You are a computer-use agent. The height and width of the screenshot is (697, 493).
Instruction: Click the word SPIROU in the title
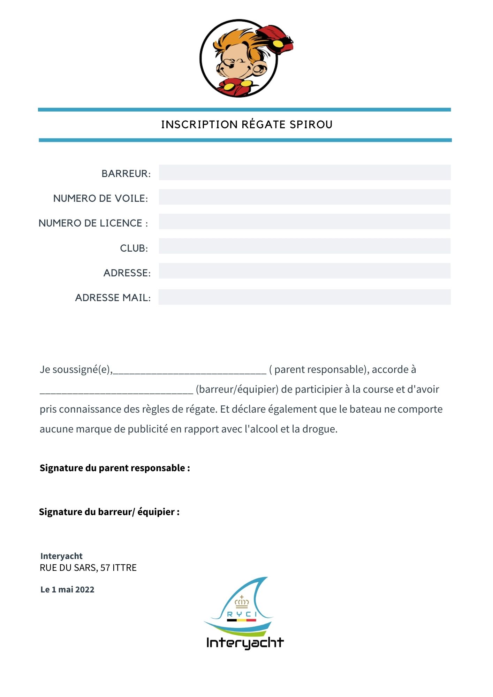click(311, 124)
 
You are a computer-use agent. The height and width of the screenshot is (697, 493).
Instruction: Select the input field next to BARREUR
click(304, 173)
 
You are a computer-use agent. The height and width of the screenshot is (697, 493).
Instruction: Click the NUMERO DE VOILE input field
click(304, 197)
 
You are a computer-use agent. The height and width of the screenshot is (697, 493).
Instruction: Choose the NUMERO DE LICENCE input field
click(304, 222)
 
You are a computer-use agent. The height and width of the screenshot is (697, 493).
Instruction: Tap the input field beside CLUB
click(304, 246)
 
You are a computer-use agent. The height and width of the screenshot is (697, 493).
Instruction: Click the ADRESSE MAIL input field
click(304, 297)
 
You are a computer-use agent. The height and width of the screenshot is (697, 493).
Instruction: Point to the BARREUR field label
click(126, 174)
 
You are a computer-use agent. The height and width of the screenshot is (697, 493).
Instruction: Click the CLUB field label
click(134, 248)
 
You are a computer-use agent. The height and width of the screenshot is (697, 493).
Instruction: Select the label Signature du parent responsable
click(115, 468)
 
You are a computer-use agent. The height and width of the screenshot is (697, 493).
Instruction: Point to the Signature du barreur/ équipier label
click(109, 512)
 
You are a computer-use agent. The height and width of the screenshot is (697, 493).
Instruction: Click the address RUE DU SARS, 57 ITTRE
click(88, 568)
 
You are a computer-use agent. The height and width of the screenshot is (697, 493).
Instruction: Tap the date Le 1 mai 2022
click(67, 590)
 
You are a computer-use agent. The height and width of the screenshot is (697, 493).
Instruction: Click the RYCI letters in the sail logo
click(242, 614)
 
